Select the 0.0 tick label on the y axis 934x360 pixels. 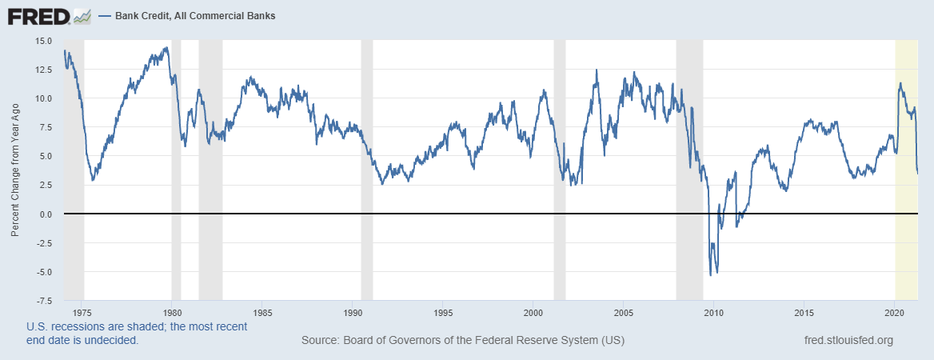46,214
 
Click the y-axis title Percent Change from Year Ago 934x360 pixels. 15,170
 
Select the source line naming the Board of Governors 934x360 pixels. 462,341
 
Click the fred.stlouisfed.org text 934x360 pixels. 848,341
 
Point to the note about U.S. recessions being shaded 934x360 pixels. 137,334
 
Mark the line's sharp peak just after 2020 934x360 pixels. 900,82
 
